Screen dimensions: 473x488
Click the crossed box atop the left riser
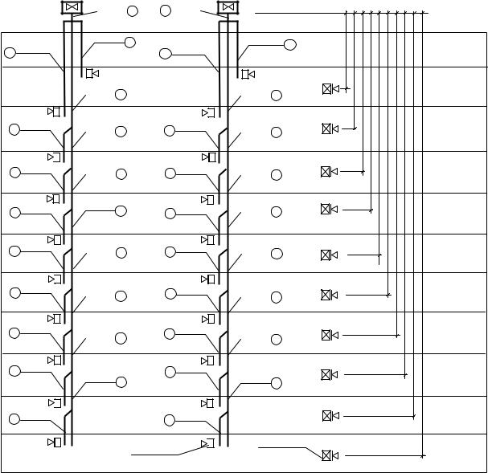point(72,8)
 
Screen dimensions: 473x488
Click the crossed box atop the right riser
point(228,8)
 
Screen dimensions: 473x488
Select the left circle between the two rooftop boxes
point(133,10)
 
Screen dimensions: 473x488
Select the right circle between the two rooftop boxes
point(166,10)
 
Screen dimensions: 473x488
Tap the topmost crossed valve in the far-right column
point(327,89)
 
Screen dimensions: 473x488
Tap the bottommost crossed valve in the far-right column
point(327,455)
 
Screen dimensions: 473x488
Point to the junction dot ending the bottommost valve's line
point(423,455)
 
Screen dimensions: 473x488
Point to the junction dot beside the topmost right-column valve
point(347,89)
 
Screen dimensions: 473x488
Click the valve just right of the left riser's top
point(92,74)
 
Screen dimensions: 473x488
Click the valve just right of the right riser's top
point(248,74)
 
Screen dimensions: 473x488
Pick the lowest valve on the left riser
point(55,442)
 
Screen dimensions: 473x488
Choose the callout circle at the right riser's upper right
point(290,44)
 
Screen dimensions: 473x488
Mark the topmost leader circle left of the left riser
point(10,53)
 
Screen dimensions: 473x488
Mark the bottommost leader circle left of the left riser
point(14,418)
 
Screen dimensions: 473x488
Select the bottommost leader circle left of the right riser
point(169,420)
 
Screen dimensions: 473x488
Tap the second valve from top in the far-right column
point(327,128)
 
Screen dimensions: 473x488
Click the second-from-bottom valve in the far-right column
point(327,415)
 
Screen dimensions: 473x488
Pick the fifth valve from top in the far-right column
point(326,255)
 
